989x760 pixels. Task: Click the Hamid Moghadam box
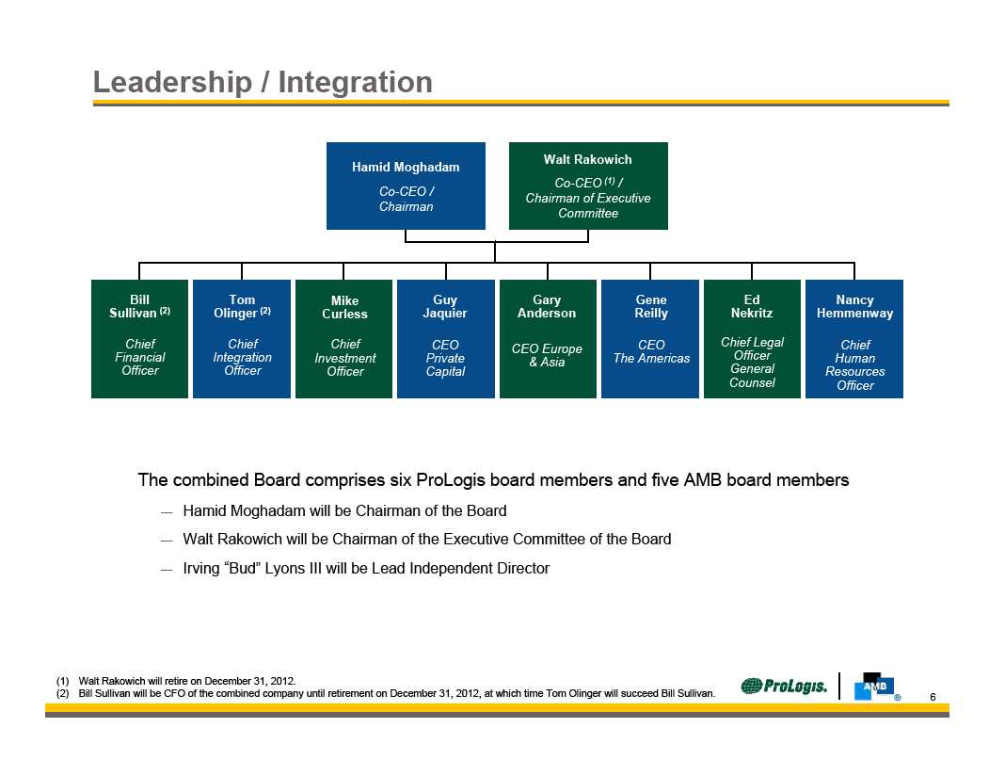tap(406, 186)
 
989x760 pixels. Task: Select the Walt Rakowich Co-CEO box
tap(588, 186)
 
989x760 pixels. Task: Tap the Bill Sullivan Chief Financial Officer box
tap(139, 338)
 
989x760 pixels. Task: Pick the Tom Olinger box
tap(242, 338)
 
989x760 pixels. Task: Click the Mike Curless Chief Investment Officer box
tap(344, 338)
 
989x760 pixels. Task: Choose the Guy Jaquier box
tap(445, 338)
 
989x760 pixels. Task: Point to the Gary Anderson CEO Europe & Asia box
tap(547, 338)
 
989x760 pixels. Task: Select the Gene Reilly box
tap(650, 338)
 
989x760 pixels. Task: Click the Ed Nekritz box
tap(752, 338)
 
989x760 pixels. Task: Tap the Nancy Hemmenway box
tap(854, 338)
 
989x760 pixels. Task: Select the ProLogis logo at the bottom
tap(784, 687)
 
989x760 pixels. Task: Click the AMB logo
tap(873, 687)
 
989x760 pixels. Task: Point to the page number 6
tap(933, 697)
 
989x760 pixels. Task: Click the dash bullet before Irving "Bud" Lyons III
tap(167, 569)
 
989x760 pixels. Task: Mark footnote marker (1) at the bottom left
tap(63, 680)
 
